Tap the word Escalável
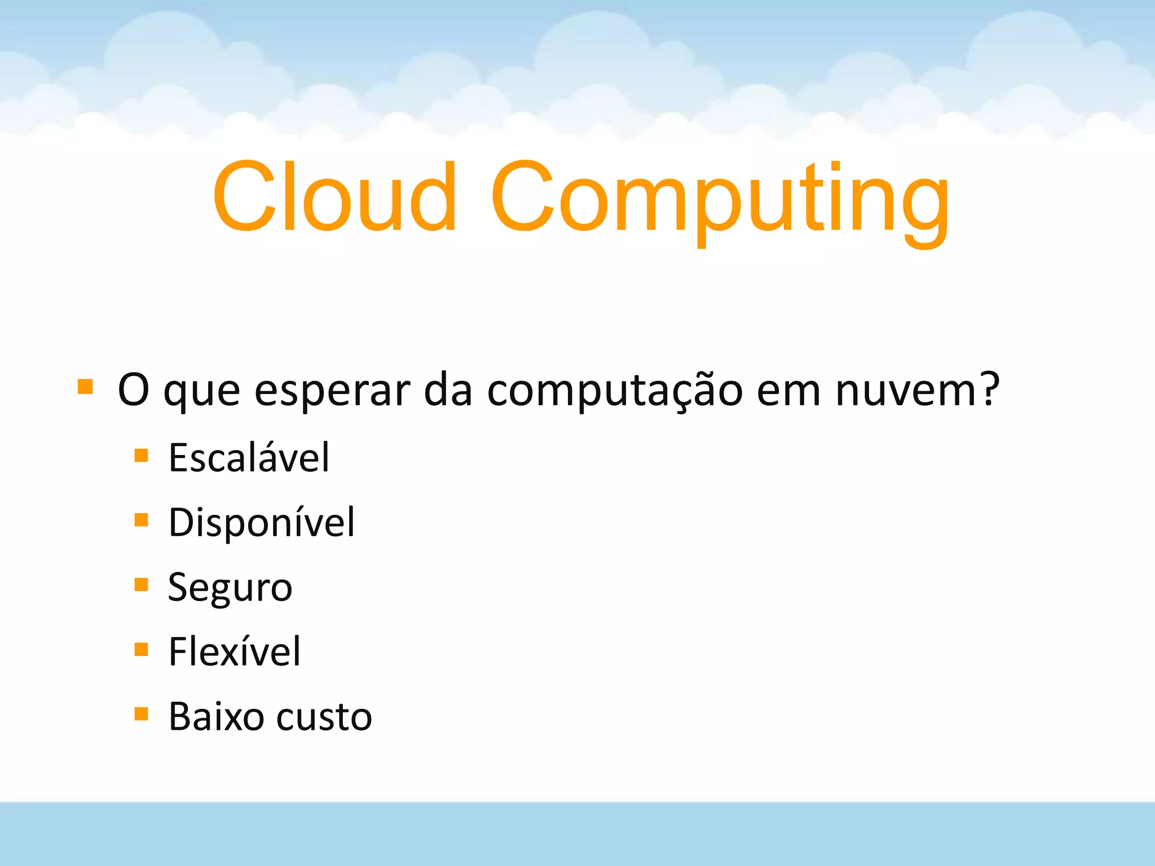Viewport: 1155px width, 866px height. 249,457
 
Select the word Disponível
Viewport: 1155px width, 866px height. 262,522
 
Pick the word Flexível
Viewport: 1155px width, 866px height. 235,652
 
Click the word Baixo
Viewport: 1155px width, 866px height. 216,717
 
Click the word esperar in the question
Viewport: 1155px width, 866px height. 332,390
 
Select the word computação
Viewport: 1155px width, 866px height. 615,390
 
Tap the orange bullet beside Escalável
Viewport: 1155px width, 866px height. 141,455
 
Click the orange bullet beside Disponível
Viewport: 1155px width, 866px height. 141,519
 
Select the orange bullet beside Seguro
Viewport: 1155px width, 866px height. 141,585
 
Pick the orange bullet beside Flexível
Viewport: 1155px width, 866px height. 141,649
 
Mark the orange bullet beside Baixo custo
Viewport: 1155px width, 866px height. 141,714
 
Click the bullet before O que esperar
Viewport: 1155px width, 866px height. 85,386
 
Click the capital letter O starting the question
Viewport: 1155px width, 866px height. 133,389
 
